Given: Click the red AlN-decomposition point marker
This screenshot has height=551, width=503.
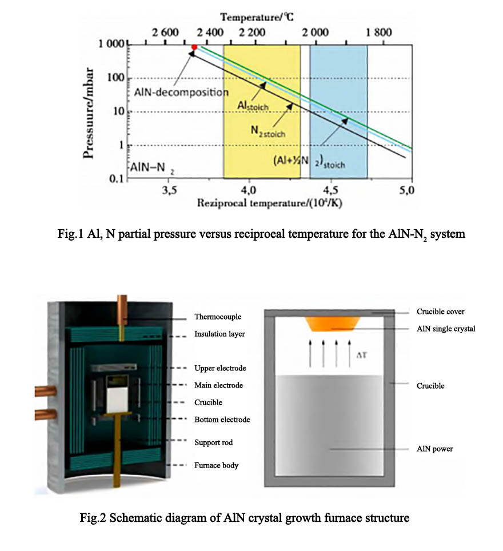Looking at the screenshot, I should click(x=194, y=47).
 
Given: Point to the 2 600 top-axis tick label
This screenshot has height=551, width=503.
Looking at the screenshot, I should click(x=165, y=33).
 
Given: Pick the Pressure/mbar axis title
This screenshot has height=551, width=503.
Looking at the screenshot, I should click(x=89, y=111).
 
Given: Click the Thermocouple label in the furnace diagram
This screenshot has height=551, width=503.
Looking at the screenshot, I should click(x=218, y=317).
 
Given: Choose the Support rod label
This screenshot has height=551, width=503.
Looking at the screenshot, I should click(x=213, y=442).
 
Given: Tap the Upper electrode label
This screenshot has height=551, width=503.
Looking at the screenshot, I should click(x=220, y=368).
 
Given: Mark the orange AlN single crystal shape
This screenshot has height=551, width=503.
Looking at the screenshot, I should click(x=332, y=324).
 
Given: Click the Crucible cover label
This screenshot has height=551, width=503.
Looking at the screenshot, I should click(x=441, y=312).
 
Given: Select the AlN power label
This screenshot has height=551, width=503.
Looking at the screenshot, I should click(x=434, y=449).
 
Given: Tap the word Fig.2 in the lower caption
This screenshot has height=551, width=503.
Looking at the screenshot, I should click(x=93, y=519).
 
